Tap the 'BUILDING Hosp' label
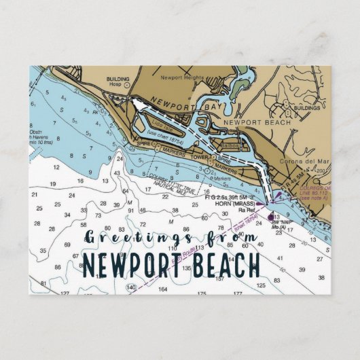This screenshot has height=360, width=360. point(118,80)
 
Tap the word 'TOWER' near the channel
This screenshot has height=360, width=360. point(201,157)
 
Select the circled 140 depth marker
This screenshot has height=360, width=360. point(130,288)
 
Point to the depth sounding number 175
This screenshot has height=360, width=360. point(201,293)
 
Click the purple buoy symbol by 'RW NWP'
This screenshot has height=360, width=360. point(270,217)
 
